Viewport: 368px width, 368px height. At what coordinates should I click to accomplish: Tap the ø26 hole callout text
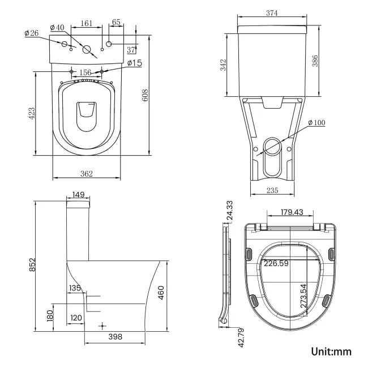pos(31,33)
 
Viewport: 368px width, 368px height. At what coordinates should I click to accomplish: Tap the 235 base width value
pos(272,191)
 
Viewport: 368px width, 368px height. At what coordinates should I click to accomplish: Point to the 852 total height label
pos(32,264)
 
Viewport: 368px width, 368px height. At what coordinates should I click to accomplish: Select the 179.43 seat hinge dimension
pos(292,212)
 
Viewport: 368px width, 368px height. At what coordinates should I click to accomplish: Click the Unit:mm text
pos(331,352)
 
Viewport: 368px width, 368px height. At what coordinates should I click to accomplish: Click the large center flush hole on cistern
pos(87,50)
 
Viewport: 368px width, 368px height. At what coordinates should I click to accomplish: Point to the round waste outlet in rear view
pos(273,147)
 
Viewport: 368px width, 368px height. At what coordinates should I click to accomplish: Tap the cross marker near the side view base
pos(102,326)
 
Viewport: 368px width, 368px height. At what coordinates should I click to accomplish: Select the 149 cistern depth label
pos(78,195)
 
